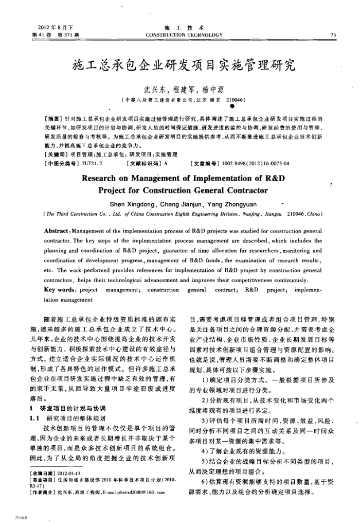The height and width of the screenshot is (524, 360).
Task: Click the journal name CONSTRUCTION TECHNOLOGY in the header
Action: [x=184, y=35]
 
